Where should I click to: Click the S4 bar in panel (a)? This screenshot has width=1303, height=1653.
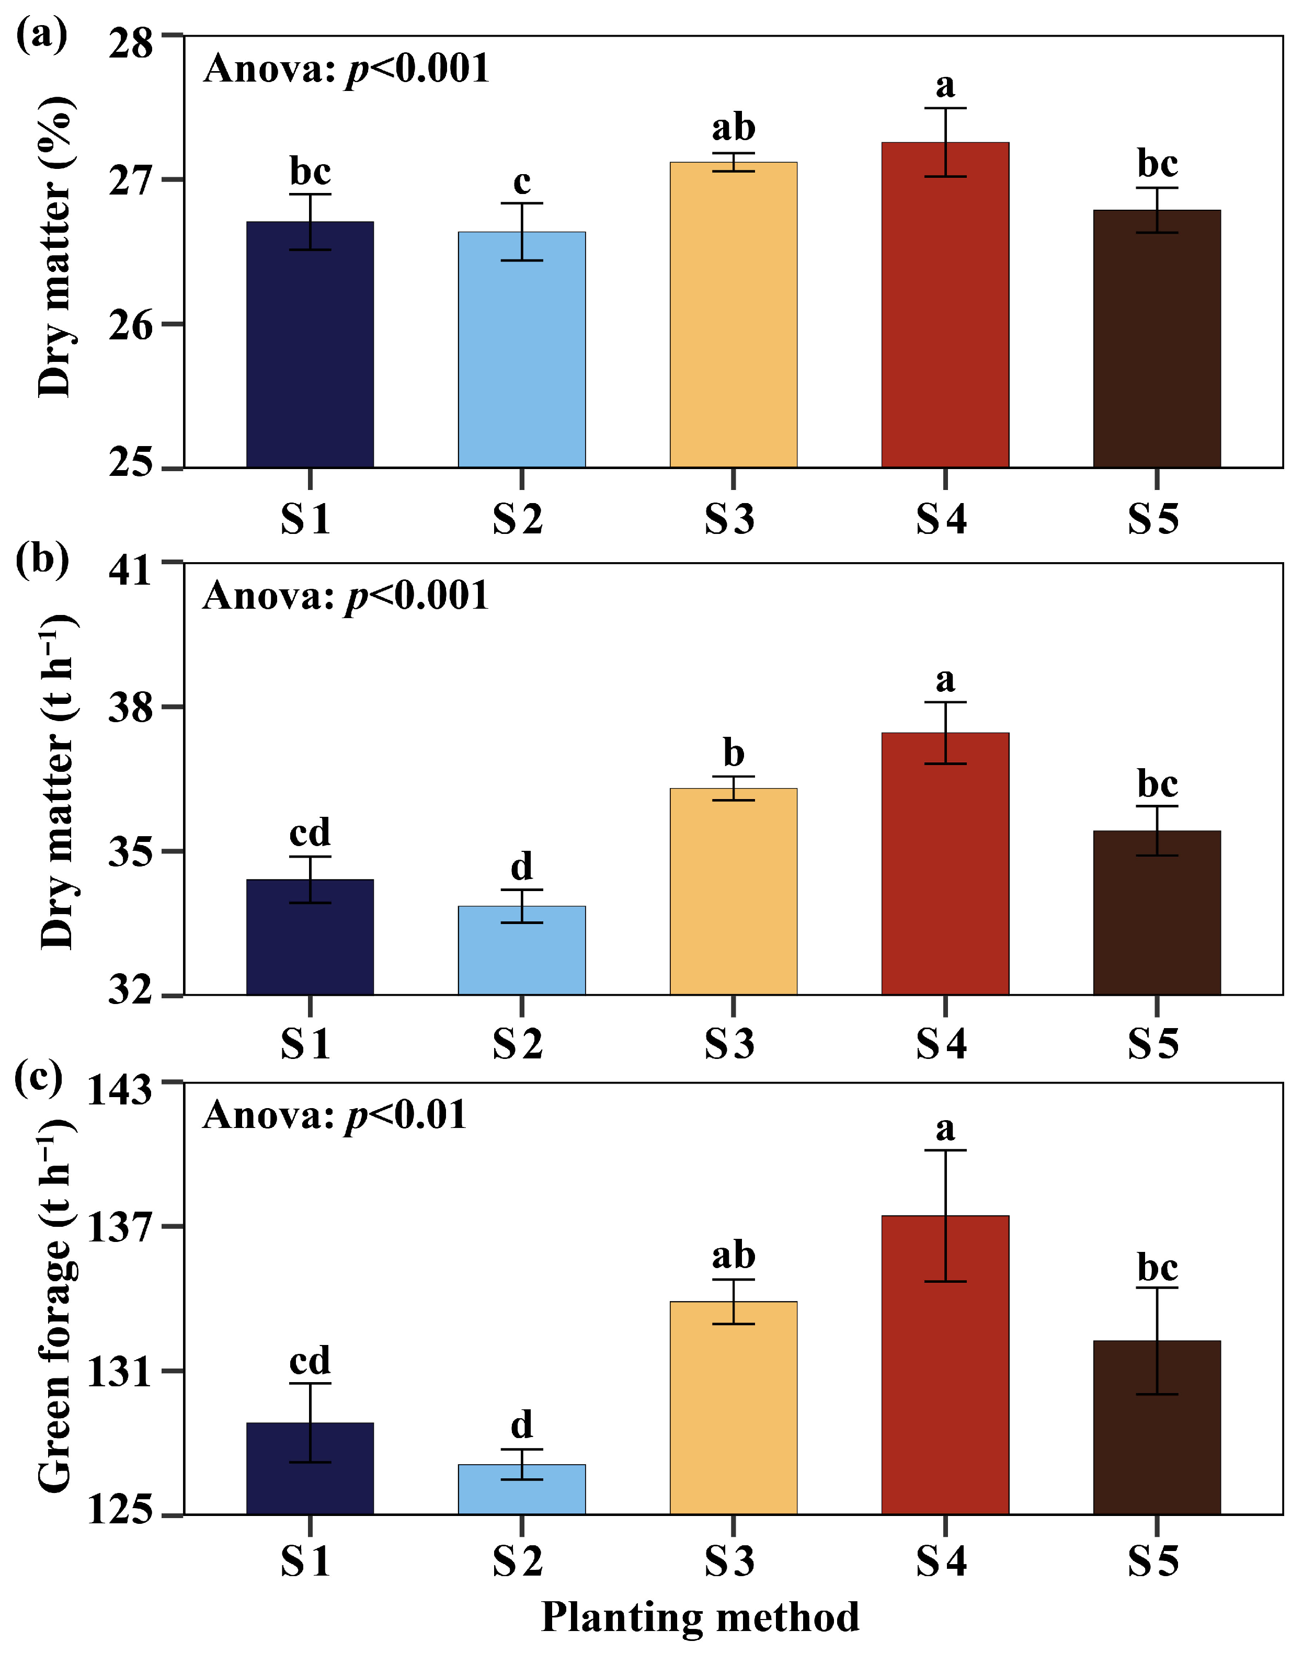click(945, 321)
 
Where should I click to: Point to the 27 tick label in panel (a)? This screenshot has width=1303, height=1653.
click(130, 181)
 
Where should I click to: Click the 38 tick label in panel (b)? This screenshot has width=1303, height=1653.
click(130, 708)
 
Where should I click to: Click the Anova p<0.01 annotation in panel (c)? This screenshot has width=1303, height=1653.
click(334, 1115)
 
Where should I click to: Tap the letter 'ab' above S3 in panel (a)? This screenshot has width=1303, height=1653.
click(733, 128)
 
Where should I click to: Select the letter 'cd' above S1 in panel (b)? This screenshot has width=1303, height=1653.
click(310, 832)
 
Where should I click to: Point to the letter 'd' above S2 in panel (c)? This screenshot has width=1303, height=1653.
click(522, 1424)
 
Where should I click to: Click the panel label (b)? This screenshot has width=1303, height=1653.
click(42, 559)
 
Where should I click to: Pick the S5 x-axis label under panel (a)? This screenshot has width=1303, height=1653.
click(1153, 519)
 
